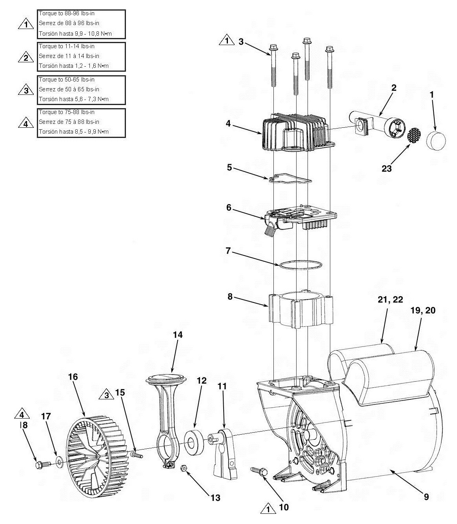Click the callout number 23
pyautogui.click(x=386, y=169)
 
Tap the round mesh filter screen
pyautogui.click(x=415, y=135)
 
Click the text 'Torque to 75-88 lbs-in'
pyautogui.click(x=67, y=112)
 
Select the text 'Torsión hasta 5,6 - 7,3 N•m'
pyautogui.click(x=74, y=99)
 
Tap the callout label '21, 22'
pyautogui.click(x=390, y=299)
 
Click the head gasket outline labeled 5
pyautogui.click(x=290, y=179)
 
